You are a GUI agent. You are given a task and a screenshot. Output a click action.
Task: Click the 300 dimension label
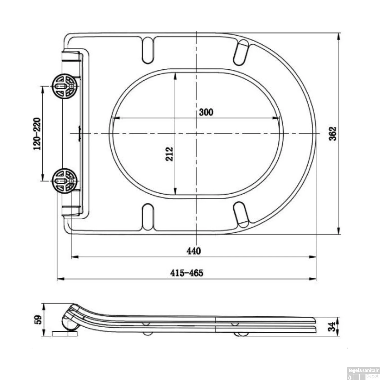[206, 112]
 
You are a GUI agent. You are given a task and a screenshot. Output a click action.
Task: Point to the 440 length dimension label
[194, 251]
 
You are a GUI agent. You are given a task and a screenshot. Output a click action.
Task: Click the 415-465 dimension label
[187, 273]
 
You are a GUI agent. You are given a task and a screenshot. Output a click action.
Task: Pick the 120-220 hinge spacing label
[37, 134]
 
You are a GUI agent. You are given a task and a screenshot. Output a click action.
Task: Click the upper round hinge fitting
[64, 86]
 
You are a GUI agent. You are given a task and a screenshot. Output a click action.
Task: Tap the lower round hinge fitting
[64, 181]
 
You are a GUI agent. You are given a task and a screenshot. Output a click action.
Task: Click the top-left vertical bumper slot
[148, 50]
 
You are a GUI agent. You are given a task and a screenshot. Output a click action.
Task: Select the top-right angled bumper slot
[241, 52]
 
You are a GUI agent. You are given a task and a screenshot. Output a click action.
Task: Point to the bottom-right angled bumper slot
[241, 214]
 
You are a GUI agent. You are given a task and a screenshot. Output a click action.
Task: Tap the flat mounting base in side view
[65, 334]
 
